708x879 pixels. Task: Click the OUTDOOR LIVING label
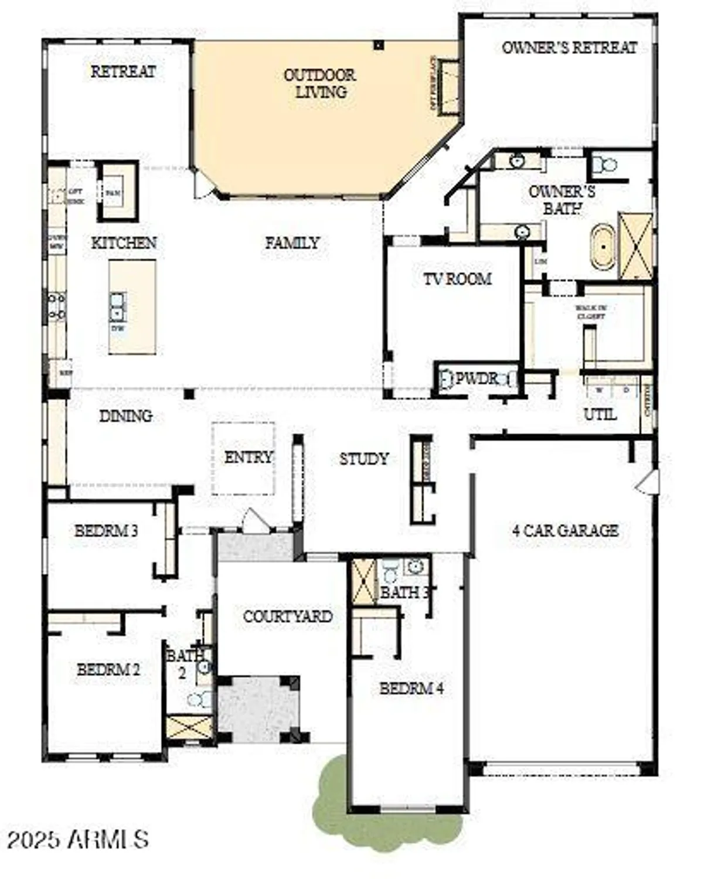click(x=319, y=83)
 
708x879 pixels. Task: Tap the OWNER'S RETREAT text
click(x=569, y=47)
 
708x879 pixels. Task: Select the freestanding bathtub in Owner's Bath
click(x=603, y=247)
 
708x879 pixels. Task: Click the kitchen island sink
click(x=117, y=306)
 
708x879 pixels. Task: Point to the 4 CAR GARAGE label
click(x=565, y=530)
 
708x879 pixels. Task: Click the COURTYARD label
click(x=287, y=616)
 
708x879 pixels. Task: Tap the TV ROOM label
click(x=457, y=279)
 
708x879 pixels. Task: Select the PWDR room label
click(x=476, y=379)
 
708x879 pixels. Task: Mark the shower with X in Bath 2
click(x=189, y=727)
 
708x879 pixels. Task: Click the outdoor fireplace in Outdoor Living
click(x=448, y=86)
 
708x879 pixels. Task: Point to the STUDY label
click(x=364, y=459)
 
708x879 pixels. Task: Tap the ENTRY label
click(x=249, y=457)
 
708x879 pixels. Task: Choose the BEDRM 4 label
click(x=411, y=689)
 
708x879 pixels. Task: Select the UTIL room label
click(x=600, y=414)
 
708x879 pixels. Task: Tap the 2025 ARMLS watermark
click(x=78, y=839)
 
